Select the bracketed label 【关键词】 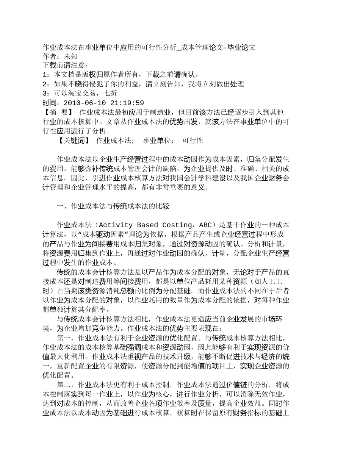pyautogui.click(x=74, y=141)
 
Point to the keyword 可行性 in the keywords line pyautogui.click(x=193, y=141)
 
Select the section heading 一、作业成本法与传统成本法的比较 pyautogui.click(x=113, y=206)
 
